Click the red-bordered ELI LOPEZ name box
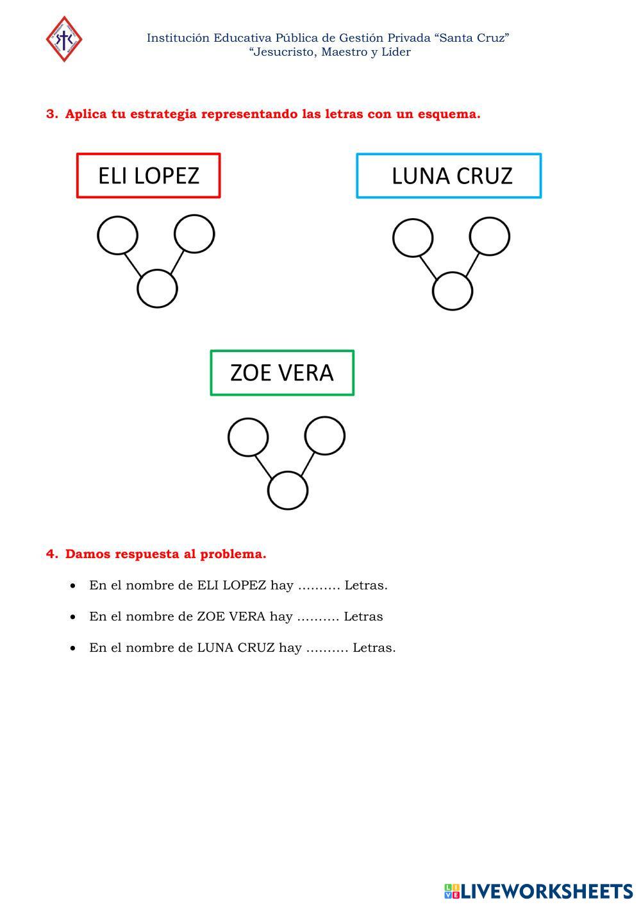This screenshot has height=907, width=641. click(148, 176)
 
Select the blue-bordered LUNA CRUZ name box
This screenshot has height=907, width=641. click(449, 176)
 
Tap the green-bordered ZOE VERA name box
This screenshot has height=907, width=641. click(282, 373)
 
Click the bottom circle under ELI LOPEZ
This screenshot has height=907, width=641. click(157, 289)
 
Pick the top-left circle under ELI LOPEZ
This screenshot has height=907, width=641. click(117, 235)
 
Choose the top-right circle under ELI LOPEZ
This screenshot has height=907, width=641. click(194, 233)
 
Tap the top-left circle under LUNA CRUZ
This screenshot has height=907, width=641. click(413, 238)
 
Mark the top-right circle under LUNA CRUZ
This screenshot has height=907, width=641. click(490, 236)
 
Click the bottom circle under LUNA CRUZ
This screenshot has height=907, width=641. click(453, 291)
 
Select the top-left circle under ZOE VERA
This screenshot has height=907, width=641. click(248, 437)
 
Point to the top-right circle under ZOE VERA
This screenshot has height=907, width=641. click(325, 436)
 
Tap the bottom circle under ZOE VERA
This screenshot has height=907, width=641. click(288, 491)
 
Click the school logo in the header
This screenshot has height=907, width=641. click(64, 39)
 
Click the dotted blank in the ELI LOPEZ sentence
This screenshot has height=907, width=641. click(319, 586)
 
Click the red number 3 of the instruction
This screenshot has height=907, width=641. click(51, 114)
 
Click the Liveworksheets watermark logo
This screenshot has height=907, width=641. click(538, 891)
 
